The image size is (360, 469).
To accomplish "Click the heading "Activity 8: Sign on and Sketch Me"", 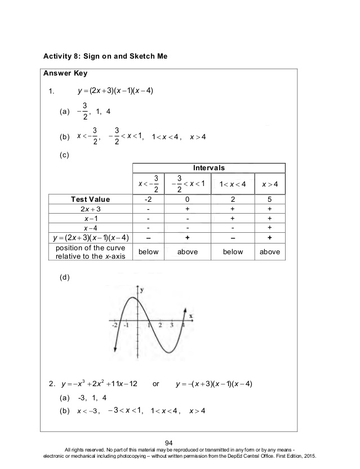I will point(105,57).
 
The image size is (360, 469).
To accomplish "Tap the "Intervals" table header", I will point(208,168).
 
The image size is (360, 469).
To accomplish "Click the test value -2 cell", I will point(148,199).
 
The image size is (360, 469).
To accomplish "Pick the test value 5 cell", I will point(269,199).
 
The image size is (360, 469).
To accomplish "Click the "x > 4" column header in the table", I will point(269,184).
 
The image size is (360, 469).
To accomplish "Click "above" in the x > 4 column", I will point(269,252).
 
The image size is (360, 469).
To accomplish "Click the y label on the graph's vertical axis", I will point(142,289).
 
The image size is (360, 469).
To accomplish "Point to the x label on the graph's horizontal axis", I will point(190,315).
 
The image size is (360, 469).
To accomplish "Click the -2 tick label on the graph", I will point(114,325).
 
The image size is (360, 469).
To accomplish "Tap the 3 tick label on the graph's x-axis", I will point(171,325).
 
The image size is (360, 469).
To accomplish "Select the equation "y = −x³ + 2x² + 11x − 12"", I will point(99,384).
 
